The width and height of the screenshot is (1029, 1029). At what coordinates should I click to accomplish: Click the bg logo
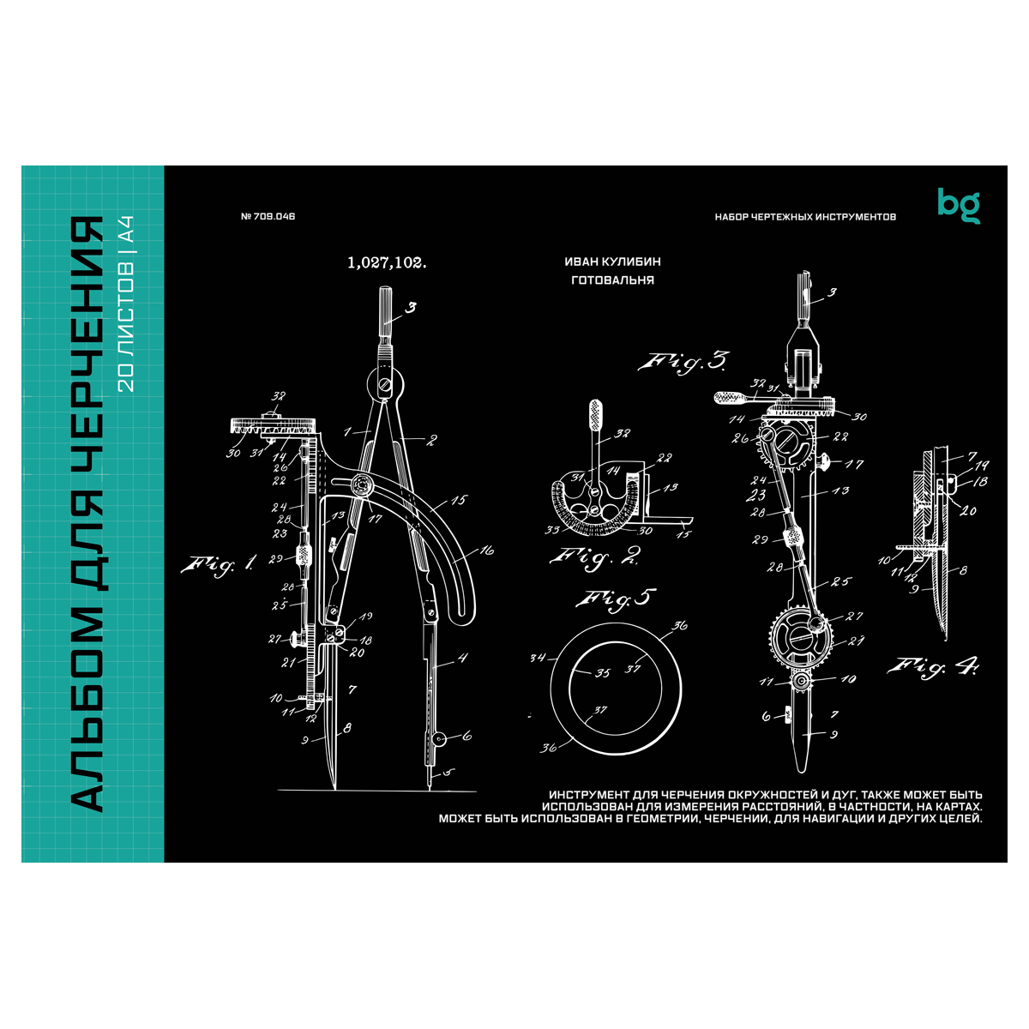point(958,205)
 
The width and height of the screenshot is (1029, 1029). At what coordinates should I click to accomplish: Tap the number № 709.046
point(268,217)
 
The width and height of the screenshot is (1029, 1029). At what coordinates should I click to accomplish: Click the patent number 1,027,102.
point(387,264)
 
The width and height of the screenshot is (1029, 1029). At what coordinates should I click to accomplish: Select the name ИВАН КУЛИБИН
point(612,262)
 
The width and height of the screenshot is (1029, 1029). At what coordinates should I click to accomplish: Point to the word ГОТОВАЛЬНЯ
point(612,280)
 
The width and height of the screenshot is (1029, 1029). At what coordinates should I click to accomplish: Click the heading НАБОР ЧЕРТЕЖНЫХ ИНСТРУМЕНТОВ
point(805,217)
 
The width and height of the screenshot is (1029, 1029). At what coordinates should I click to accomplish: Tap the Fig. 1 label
point(218,564)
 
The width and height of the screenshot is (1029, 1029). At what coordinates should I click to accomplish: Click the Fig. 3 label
point(683,363)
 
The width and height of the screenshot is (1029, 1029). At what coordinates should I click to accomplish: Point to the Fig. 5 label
point(615,599)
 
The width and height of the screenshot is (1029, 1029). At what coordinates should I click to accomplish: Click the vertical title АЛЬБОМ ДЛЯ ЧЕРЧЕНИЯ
point(86,514)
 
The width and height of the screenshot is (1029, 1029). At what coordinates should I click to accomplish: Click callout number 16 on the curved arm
point(486,551)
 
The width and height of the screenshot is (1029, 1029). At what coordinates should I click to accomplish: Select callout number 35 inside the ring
point(603,673)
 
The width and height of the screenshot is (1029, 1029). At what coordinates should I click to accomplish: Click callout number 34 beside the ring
point(538,659)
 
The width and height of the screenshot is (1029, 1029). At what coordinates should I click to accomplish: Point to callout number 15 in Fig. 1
point(459,500)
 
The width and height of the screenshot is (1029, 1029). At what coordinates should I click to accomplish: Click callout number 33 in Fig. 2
point(554,530)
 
